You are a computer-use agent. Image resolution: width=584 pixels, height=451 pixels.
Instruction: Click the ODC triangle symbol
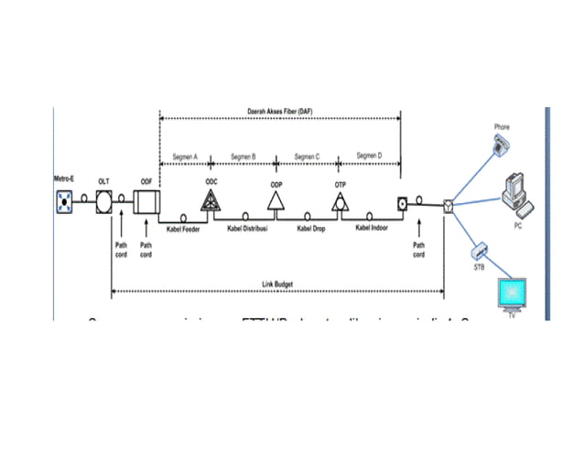click(x=211, y=202)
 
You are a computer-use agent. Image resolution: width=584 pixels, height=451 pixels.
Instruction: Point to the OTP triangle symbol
click(x=341, y=204)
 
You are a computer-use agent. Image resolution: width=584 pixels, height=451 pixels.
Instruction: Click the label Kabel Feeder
click(x=184, y=229)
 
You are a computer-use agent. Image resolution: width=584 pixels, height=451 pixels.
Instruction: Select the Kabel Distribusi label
click(x=247, y=229)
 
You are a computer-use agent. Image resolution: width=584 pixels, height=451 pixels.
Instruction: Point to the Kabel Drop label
click(x=312, y=229)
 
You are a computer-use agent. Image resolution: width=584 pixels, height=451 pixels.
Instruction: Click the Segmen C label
click(x=307, y=156)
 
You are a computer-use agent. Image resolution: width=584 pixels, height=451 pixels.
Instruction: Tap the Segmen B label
click(x=243, y=156)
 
